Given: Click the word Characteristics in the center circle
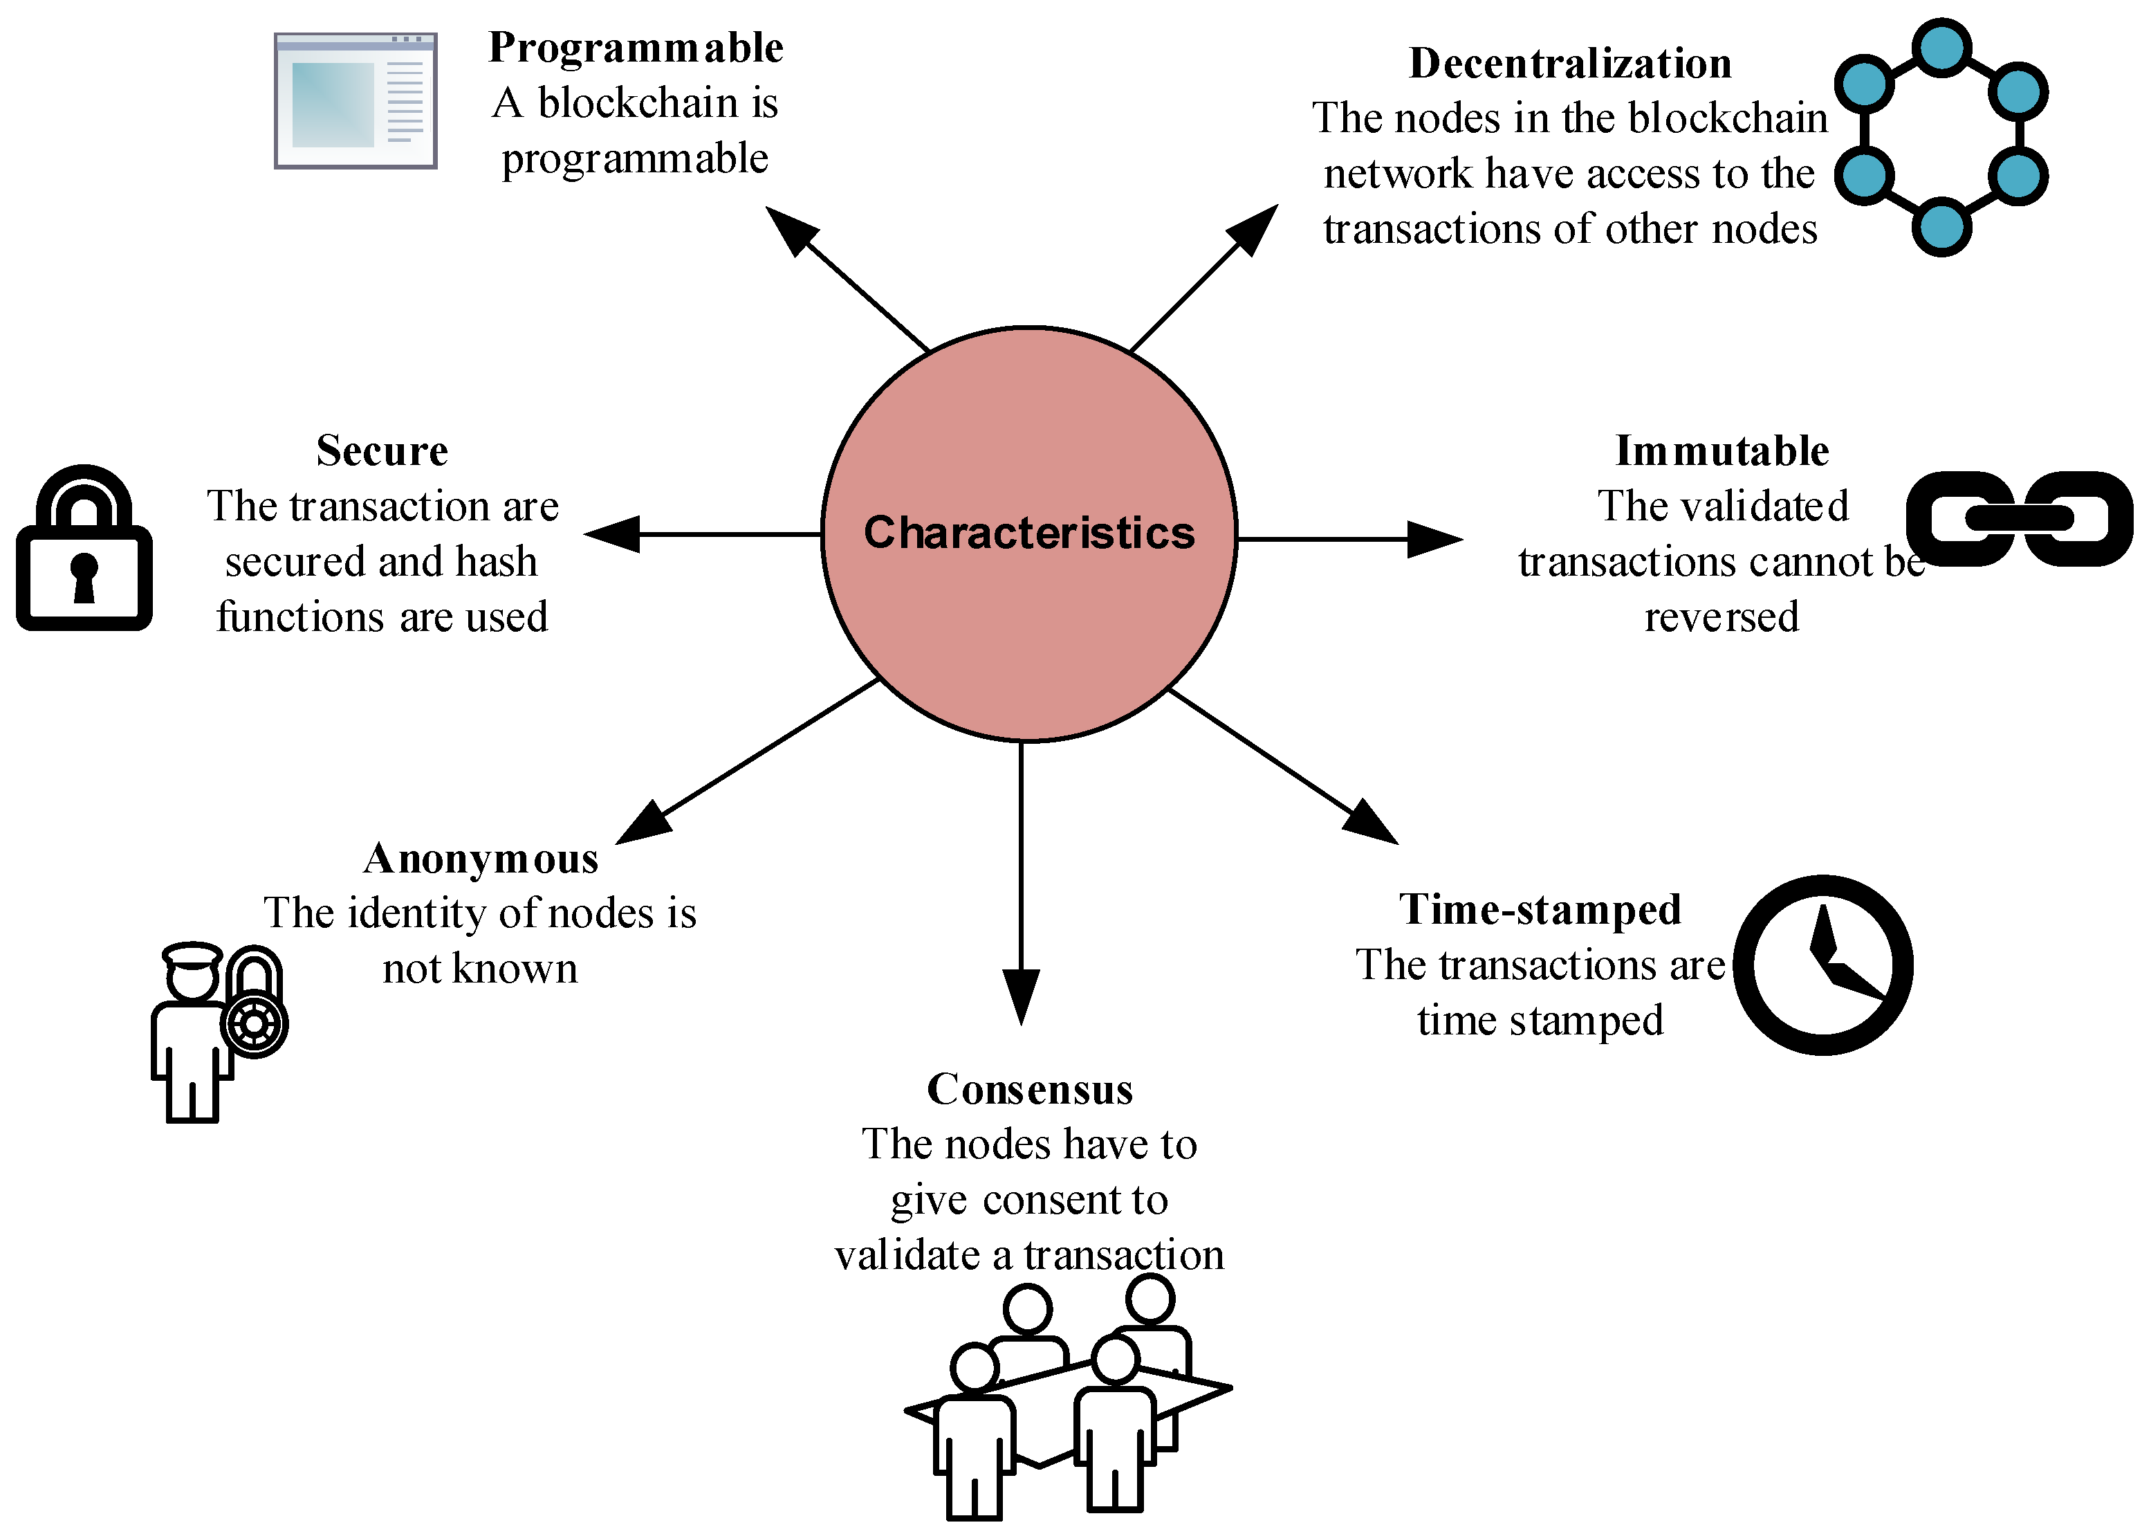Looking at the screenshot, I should tap(1028, 533).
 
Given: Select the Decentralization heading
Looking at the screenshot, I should tap(1569, 63).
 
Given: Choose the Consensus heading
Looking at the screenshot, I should tap(1029, 1089).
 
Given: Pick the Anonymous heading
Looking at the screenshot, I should tap(481, 859).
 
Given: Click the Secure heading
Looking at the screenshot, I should tap(382, 450).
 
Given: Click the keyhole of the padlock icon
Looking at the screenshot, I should tap(84, 575).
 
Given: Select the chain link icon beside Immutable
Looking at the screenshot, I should tap(2019, 518).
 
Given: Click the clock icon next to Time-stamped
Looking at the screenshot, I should tap(1822, 965).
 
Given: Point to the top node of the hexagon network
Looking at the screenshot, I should tap(1941, 47).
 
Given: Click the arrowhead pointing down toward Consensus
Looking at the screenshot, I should tap(1021, 996).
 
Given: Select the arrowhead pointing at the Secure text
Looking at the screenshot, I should tap(612, 533).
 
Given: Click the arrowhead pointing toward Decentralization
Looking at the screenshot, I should tap(1253, 230).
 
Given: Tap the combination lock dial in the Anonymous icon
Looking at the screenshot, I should tap(254, 1024).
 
